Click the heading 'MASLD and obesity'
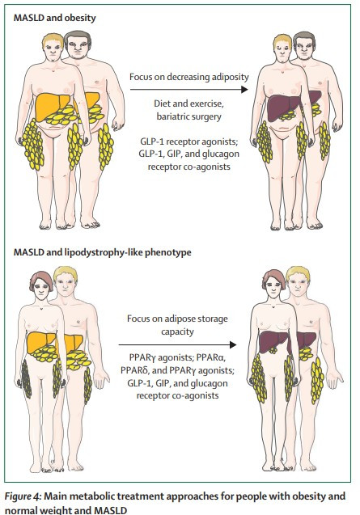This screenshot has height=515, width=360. (x=54, y=18)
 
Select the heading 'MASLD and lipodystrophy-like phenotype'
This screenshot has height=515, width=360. (x=102, y=252)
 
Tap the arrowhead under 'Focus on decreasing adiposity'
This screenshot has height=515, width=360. (x=244, y=89)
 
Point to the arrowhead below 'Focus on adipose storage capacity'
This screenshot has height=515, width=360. (x=233, y=345)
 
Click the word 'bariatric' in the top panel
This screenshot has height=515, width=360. (x=174, y=116)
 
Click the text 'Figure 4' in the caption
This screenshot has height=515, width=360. (x=23, y=496)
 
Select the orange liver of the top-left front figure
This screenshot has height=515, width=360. (x=50, y=104)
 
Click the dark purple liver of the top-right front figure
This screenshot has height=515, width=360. (x=282, y=105)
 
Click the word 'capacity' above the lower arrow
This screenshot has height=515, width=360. (x=177, y=331)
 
